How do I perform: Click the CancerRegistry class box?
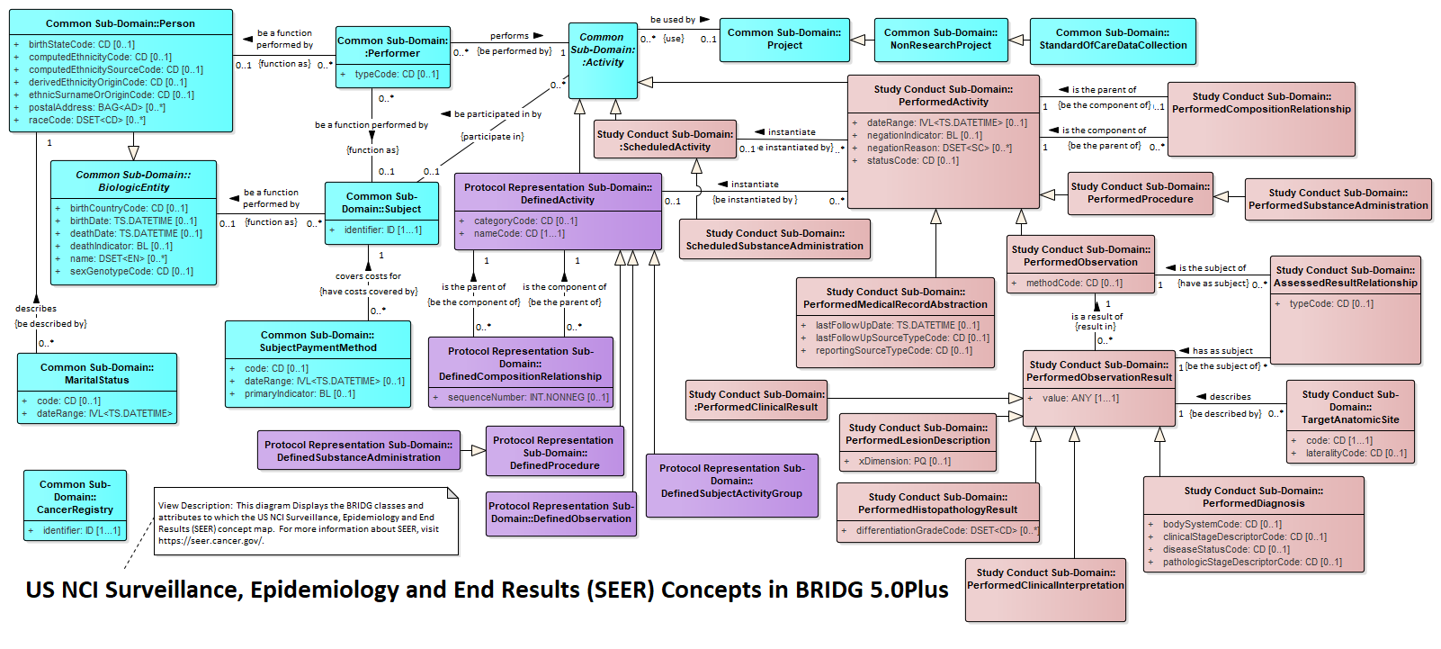[x=75, y=505]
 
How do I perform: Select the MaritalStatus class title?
[x=97, y=374]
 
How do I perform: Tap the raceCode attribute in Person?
[x=87, y=120]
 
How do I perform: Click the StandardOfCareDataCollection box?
[x=1113, y=41]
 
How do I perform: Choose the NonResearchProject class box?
[x=941, y=40]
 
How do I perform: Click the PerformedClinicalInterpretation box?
[x=1045, y=590]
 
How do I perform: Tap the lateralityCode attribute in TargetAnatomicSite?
[x=1356, y=454]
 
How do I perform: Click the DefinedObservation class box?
[x=561, y=514]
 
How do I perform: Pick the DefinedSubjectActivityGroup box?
[x=732, y=485]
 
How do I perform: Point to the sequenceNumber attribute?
[x=528, y=397]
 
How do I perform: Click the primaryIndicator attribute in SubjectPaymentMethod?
[x=300, y=393]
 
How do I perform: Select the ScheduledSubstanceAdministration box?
[x=774, y=239]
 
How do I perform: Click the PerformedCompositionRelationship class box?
[x=1261, y=119]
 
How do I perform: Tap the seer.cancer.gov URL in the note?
[x=211, y=540]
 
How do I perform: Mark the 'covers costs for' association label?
[x=368, y=276]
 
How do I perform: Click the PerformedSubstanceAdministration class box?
[x=1338, y=200]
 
